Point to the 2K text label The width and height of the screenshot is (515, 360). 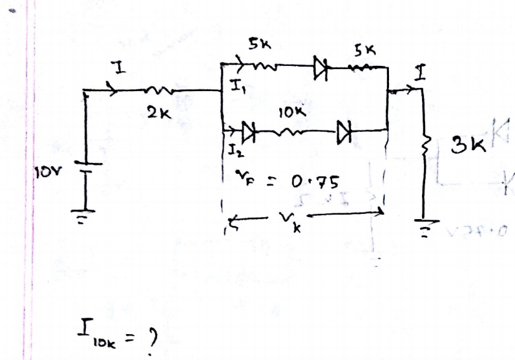tap(154, 113)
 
